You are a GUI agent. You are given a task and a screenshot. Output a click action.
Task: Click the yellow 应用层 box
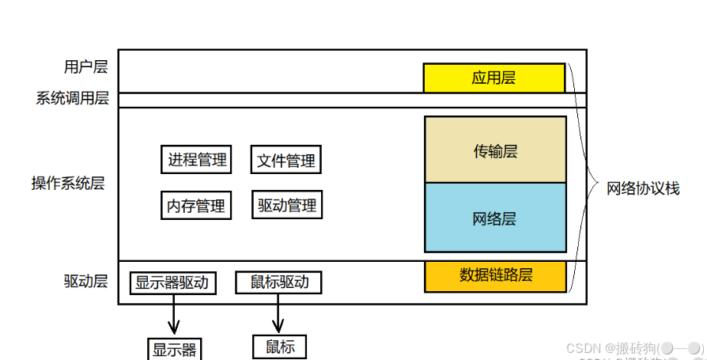[x=493, y=78]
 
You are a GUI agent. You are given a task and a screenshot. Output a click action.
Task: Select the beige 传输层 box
[x=495, y=150]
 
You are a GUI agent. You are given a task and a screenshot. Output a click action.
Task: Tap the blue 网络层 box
[x=495, y=218]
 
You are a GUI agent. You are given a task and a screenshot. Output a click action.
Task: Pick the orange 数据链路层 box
[x=495, y=275]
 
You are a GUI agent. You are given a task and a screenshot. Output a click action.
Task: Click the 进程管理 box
[x=197, y=160]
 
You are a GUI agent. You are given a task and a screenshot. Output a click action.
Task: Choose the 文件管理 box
[x=286, y=161]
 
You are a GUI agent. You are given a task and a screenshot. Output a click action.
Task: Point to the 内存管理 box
[x=196, y=207]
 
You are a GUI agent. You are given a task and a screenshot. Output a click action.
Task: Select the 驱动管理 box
[x=287, y=206]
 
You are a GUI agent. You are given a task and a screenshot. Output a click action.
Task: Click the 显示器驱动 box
[x=172, y=282]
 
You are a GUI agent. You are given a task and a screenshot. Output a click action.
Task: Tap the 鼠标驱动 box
[x=279, y=282]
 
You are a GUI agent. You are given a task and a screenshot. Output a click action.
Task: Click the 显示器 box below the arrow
[x=174, y=349]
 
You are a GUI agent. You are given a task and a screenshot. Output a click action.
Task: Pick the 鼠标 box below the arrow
[x=279, y=347]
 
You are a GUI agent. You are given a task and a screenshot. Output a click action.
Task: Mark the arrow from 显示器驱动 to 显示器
[x=173, y=316]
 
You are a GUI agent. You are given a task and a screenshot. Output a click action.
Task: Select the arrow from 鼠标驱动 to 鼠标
[x=278, y=315]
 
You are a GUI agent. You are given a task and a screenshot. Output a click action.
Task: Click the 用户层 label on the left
[x=85, y=66]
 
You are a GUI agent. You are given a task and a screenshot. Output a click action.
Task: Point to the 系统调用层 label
[x=72, y=99]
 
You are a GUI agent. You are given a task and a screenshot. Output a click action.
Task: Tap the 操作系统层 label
[x=68, y=184]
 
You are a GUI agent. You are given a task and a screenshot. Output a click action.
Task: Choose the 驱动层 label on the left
[x=85, y=281]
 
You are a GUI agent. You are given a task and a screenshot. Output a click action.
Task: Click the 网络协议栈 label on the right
[x=643, y=188]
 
